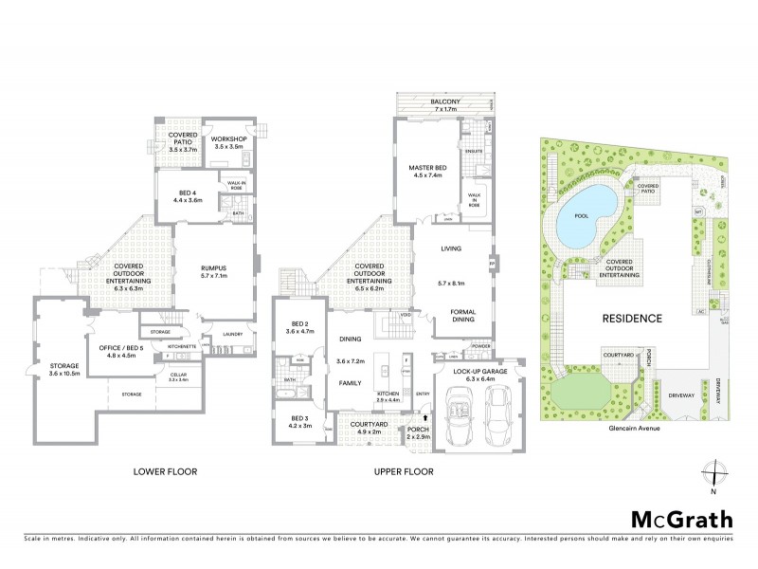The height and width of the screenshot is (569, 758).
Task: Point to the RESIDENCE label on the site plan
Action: click(x=631, y=319)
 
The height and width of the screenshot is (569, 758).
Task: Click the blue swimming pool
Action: click(x=582, y=221)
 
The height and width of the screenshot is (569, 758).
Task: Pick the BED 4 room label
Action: click(x=185, y=196)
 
